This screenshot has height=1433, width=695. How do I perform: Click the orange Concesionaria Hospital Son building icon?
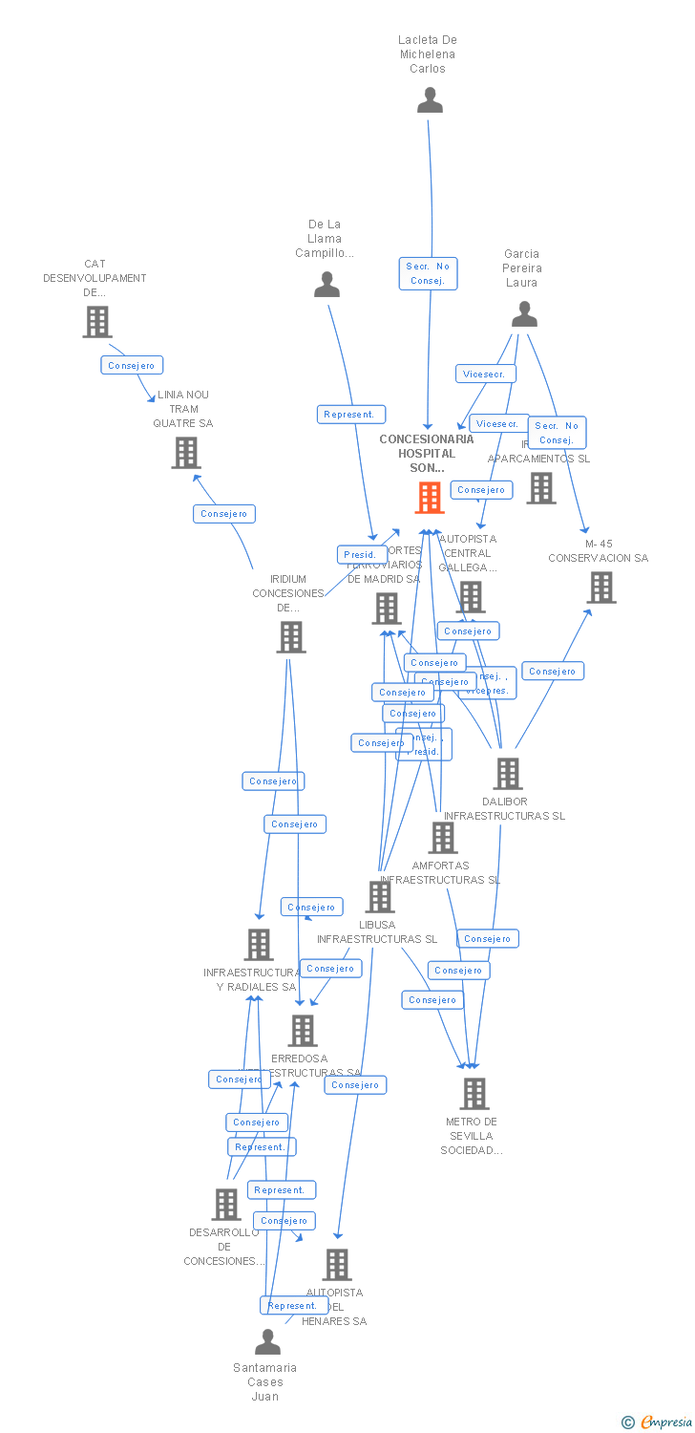point(430,498)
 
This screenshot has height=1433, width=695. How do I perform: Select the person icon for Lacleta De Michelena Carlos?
point(430,100)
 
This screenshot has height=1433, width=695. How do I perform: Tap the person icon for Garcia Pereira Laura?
point(524,314)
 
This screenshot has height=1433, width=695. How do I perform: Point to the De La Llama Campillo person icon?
point(326,285)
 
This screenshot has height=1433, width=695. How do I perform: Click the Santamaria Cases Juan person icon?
point(267,1342)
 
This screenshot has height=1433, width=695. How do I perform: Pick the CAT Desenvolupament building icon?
point(96,322)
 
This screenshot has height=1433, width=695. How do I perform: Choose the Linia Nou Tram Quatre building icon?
point(185,453)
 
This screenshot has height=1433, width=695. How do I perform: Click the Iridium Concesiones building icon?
point(290,636)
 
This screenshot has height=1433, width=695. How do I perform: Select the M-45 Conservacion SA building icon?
point(601,588)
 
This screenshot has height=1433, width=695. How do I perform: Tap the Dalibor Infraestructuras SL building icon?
point(508,774)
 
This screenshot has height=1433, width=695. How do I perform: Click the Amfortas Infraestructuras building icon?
point(442,838)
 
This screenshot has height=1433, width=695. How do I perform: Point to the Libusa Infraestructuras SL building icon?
point(380,897)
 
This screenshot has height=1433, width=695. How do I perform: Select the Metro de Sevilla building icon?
point(474,1094)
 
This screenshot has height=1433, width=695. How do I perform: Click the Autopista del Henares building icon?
point(336,1265)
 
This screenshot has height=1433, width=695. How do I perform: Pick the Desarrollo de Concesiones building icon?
point(226,1205)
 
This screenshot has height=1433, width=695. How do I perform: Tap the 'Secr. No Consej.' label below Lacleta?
point(428,273)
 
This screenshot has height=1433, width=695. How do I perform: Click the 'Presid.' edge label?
point(360,554)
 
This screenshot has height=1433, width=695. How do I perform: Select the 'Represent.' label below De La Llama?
point(351,415)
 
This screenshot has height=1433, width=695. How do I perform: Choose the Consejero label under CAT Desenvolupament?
point(132,365)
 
